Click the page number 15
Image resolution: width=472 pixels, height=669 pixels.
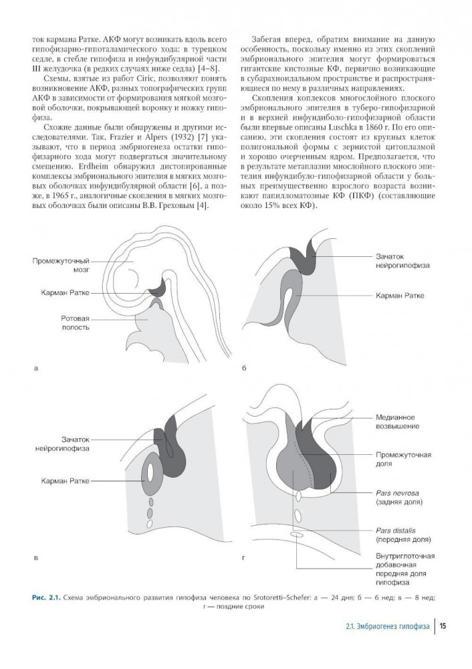click(x=444, y=626)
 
